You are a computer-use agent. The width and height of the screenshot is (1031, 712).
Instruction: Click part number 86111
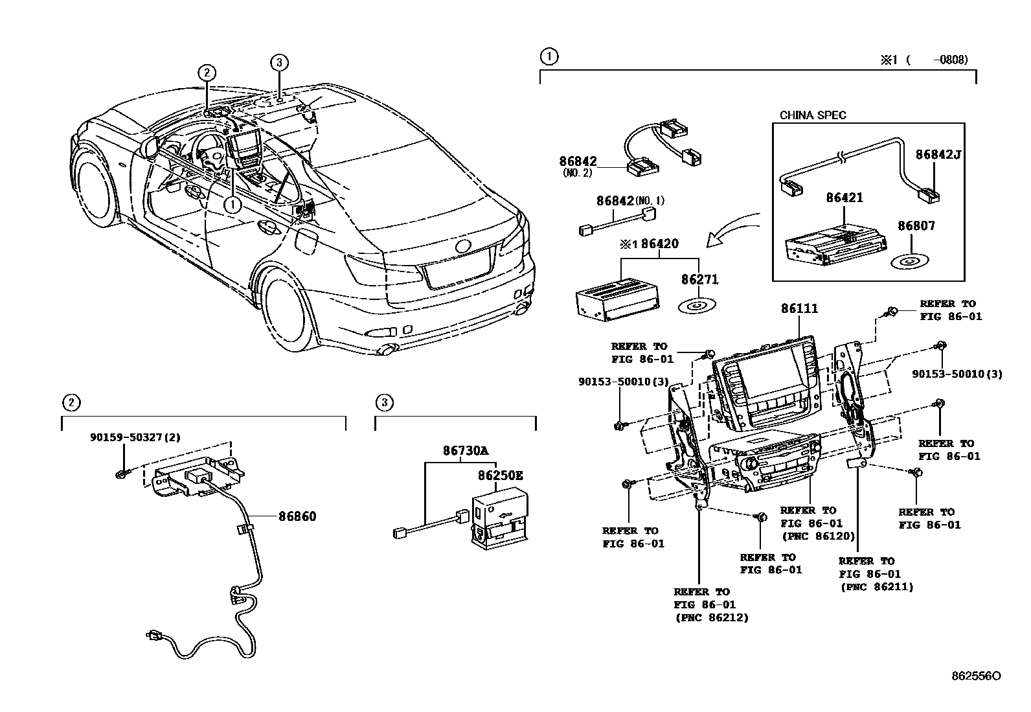coord(799,309)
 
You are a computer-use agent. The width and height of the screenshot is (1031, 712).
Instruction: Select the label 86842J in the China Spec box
coord(938,155)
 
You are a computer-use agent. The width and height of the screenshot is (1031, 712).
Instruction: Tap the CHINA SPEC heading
coord(812,115)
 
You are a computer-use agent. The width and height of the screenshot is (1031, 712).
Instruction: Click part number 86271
coord(699,280)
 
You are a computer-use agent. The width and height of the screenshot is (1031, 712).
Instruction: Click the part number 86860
coord(297,516)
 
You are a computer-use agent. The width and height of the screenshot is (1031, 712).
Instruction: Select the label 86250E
coord(500,476)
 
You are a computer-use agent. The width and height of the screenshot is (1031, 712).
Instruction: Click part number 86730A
coord(466,450)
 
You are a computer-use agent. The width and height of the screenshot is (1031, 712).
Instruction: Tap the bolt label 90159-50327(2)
coord(135,437)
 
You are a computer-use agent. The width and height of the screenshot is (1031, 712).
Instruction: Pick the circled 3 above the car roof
coord(278,62)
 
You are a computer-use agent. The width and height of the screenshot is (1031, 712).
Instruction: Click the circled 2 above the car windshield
coord(206,73)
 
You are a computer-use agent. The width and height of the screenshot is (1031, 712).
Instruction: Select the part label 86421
coord(844,198)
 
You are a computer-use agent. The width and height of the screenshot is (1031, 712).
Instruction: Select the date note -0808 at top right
coord(951,60)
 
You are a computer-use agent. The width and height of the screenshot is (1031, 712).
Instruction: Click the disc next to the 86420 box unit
coord(697,304)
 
